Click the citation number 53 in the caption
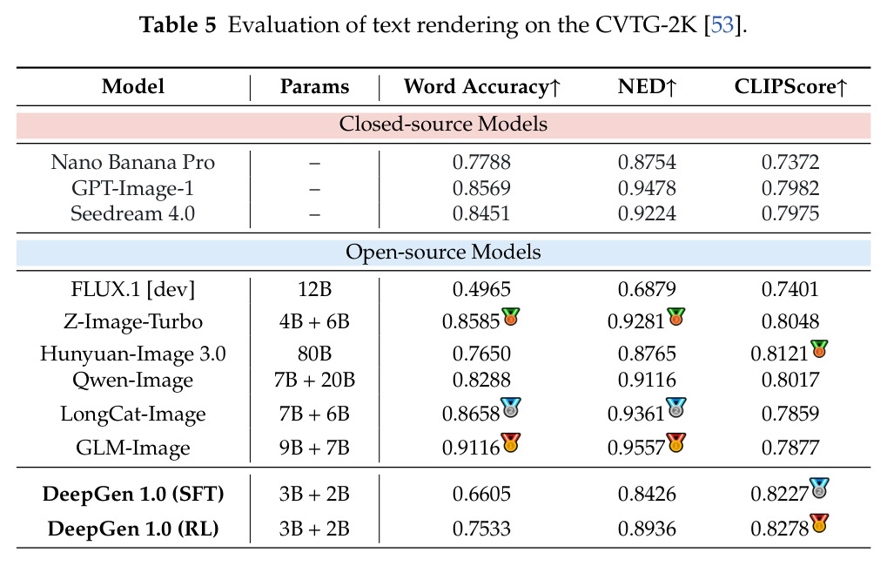(x=722, y=25)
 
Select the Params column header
(x=314, y=86)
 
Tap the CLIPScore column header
(x=790, y=86)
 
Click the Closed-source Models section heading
(x=443, y=124)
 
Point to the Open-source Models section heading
(x=443, y=252)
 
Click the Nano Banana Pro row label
(x=133, y=163)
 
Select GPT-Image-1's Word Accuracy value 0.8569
(x=481, y=188)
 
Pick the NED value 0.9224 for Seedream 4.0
(x=647, y=213)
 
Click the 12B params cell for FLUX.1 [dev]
(x=314, y=289)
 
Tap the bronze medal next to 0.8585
(x=510, y=317)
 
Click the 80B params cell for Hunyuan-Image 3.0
(x=314, y=354)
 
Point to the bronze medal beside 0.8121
(x=818, y=349)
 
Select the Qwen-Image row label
(x=133, y=381)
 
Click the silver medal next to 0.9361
(x=676, y=408)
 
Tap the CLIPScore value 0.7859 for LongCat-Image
(x=790, y=414)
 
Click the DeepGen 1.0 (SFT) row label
(x=133, y=494)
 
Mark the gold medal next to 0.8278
(x=819, y=523)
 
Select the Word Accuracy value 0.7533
(x=481, y=529)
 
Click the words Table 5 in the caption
(x=178, y=25)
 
